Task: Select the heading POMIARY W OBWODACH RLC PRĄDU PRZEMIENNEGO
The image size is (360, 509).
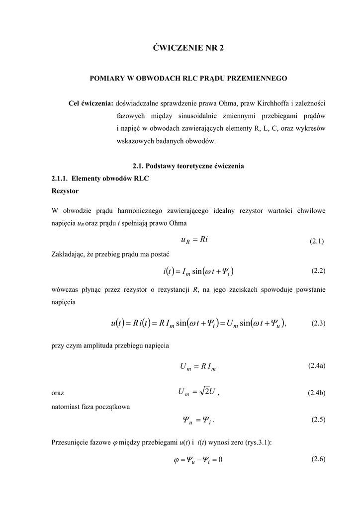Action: click(188, 79)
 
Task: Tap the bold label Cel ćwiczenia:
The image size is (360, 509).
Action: click(90, 103)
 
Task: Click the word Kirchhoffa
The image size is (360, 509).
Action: click(273, 103)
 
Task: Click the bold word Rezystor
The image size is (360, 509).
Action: click(65, 190)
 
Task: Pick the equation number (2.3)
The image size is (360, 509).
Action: click(318, 323)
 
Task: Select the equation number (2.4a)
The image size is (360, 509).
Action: click(317, 366)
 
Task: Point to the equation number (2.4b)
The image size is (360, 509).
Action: click(316, 393)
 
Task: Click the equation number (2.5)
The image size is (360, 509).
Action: click(318, 420)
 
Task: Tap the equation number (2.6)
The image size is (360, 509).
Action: click(318, 459)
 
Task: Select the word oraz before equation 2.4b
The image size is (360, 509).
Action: click(58, 393)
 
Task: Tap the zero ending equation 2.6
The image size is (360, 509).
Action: click(220, 459)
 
